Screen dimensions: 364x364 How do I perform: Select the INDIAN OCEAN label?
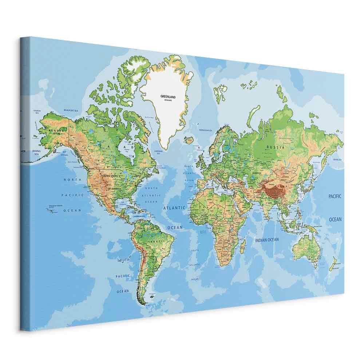[267, 240]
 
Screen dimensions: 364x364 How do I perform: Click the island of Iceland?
[189, 139]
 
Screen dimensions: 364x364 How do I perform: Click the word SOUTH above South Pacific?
[124, 260]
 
